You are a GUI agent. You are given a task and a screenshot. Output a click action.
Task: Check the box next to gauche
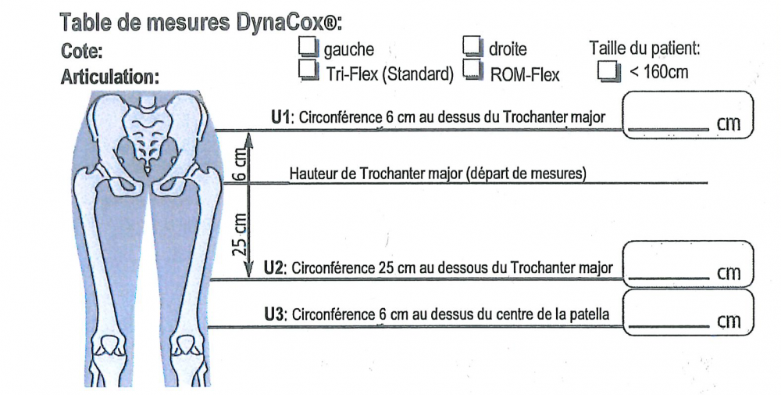click(x=308, y=46)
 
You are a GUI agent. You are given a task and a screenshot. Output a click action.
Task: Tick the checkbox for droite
click(x=473, y=46)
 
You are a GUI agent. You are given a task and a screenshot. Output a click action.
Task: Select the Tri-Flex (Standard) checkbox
click(x=308, y=70)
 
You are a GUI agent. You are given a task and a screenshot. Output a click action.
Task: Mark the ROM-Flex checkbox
click(x=473, y=70)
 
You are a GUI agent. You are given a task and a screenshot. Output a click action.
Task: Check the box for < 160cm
click(x=609, y=71)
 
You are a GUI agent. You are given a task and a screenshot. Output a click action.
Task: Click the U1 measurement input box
click(x=688, y=115)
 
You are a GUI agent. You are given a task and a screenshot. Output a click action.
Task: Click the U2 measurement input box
click(x=688, y=264)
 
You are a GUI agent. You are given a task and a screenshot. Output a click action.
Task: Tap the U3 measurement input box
click(x=688, y=312)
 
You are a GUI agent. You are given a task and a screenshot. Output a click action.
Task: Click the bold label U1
click(x=280, y=117)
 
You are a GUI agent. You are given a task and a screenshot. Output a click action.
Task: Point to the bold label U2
click(x=273, y=268)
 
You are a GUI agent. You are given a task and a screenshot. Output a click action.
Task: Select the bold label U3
click(x=273, y=314)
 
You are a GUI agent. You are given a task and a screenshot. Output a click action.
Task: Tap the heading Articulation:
click(x=110, y=77)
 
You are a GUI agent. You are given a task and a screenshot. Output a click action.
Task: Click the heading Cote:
click(x=82, y=52)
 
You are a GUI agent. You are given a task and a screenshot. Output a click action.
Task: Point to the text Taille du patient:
click(x=645, y=48)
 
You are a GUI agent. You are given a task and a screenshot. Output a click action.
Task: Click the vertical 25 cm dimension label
click(x=240, y=235)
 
